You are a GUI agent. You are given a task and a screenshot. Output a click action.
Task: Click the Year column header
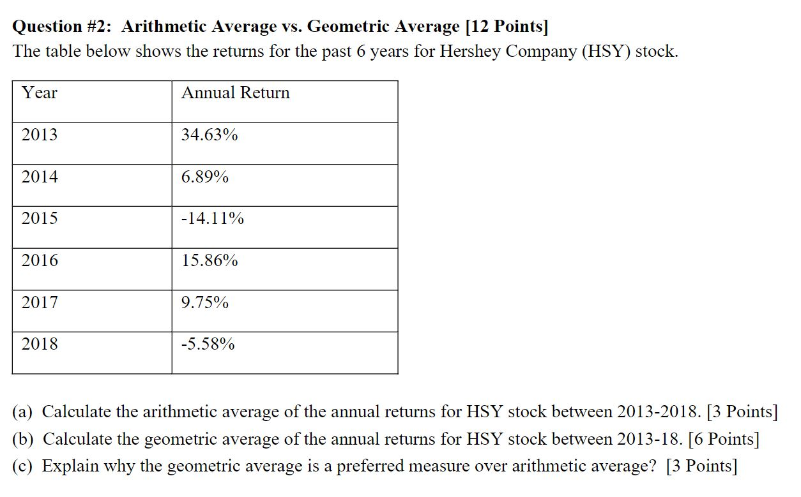[x=40, y=93]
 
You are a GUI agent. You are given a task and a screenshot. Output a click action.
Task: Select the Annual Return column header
[x=235, y=93]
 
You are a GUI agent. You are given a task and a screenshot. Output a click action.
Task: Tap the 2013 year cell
[x=40, y=135]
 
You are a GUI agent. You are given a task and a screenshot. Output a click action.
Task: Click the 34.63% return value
[x=210, y=135]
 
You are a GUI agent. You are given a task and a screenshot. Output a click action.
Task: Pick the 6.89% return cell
[x=204, y=177]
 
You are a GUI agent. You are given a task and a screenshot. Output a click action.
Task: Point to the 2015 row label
[x=40, y=218]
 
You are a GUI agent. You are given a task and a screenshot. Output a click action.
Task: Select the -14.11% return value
[x=212, y=219]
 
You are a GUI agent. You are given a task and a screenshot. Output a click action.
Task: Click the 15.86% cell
[x=210, y=260]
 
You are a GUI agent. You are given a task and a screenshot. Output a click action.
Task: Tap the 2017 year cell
[x=40, y=302]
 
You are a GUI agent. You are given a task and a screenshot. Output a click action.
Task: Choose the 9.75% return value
[x=204, y=302]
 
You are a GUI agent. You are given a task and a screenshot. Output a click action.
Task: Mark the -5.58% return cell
[x=208, y=345]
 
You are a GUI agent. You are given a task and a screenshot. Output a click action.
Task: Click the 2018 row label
[x=40, y=345]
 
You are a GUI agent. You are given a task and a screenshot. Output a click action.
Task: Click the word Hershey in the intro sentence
[x=470, y=52]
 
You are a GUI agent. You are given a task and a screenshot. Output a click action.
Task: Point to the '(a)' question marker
[x=24, y=412]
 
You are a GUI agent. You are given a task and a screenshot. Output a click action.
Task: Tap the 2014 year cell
[x=40, y=177]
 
